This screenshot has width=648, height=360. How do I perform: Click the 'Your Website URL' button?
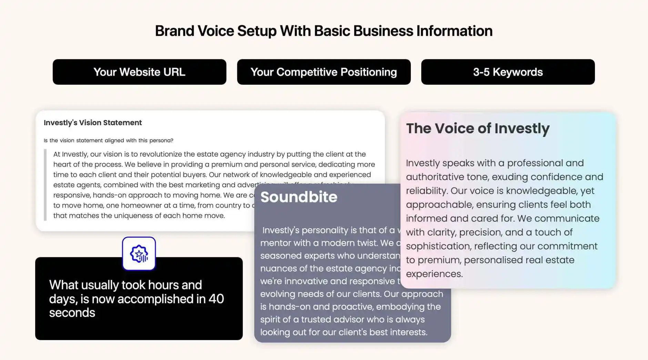click(139, 72)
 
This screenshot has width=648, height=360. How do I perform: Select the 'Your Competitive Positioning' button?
click(324, 72)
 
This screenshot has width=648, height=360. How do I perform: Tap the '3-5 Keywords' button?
click(508, 72)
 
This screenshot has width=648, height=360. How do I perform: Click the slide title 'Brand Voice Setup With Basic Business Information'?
click(324, 31)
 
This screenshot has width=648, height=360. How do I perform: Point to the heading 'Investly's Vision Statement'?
click(93, 123)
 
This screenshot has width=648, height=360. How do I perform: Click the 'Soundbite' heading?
click(299, 197)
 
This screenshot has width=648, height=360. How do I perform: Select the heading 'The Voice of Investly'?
click(478, 128)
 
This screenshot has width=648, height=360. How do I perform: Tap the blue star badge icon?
click(139, 254)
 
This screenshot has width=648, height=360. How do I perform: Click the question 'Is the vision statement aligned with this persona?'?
click(108, 141)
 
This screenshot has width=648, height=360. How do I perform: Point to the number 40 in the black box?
click(216, 299)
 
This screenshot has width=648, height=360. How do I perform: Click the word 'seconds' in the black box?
click(72, 313)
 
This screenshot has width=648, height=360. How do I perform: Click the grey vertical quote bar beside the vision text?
click(45, 185)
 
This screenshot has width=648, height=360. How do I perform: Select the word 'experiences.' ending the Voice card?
click(434, 274)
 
